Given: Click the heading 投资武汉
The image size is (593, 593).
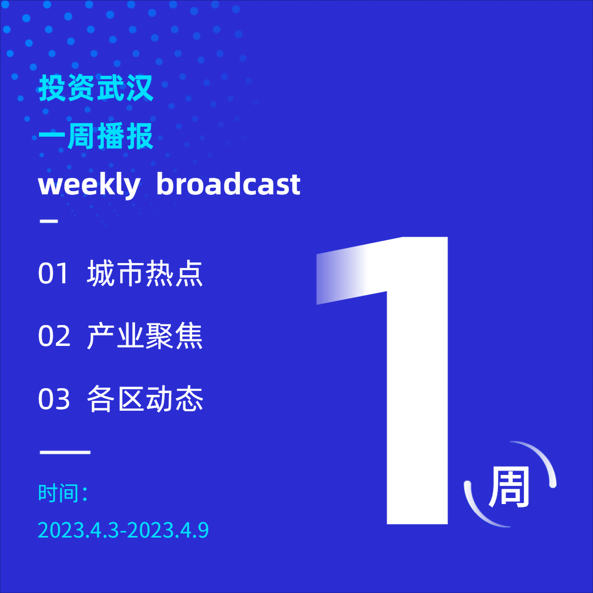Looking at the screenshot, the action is [x=96, y=88].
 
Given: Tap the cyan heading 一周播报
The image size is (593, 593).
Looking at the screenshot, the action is [x=96, y=136].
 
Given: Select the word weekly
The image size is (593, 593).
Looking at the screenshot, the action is [x=89, y=185].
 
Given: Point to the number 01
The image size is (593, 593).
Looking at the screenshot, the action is [x=53, y=273].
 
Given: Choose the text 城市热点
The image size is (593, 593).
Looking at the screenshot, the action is [x=145, y=273].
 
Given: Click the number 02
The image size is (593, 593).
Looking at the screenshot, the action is [x=54, y=336].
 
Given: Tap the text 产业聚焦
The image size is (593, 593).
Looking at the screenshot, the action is [x=145, y=336].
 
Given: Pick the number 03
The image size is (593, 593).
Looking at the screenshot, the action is [x=54, y=399].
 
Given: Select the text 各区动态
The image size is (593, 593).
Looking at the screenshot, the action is [x=145, y=399].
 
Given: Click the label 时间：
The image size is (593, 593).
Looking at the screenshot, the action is [x=63, y=493].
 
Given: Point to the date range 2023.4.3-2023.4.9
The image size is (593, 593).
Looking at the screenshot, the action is [x=124, y=530].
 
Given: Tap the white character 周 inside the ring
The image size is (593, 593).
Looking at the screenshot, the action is [x=510, y=486].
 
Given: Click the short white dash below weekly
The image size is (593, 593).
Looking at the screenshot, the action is [x=49, y=221].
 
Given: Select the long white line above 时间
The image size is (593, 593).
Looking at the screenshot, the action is [x=65, y=452].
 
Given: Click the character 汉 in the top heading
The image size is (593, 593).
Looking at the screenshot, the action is [x=139, y=88].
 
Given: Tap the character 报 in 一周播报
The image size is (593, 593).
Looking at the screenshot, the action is [x=139, y=136].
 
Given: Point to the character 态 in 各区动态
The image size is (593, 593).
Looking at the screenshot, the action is [x=189, y=399].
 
